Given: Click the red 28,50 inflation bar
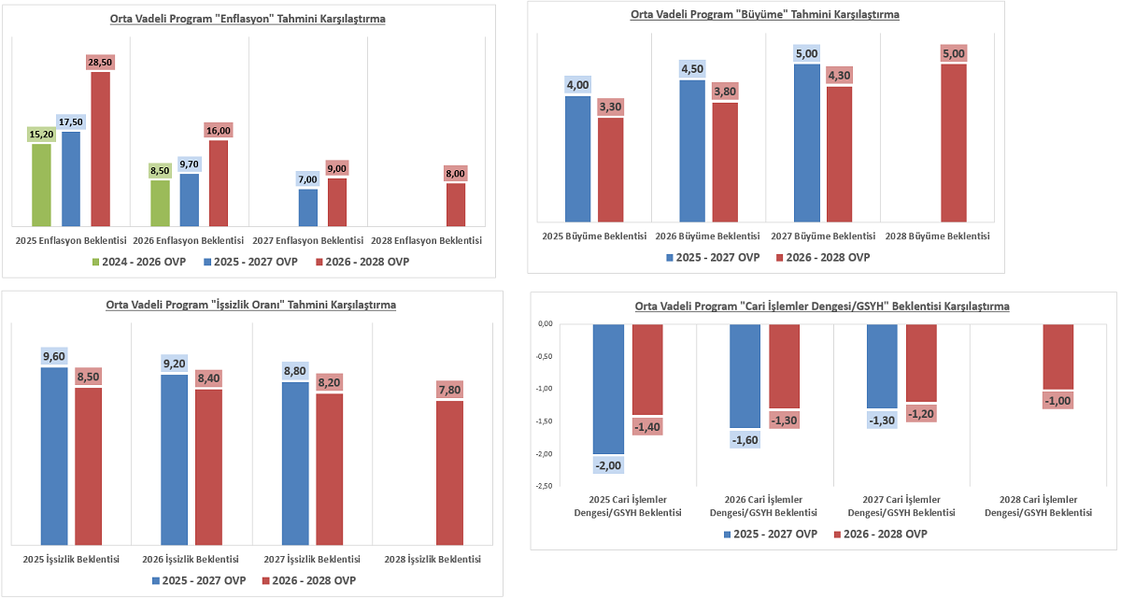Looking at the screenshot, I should point(100,149).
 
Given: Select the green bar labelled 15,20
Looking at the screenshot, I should point(42,185).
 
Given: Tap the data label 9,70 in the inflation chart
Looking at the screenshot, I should point(189,164).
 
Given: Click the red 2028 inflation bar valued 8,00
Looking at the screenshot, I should point(455,205).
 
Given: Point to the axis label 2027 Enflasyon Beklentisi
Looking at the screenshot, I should point(307,240).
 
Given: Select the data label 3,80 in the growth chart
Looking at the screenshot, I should point(724,92).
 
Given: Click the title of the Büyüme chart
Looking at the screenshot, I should point(765,14).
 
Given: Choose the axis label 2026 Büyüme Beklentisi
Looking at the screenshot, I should point(708,236).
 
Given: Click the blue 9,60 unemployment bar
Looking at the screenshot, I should point(54,455).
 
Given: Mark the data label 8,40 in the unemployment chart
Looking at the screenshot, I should point(208,378).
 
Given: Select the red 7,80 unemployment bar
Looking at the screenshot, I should point(449,472).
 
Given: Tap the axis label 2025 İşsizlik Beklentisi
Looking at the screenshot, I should point(71,559).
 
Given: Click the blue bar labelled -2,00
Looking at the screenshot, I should point(608,389).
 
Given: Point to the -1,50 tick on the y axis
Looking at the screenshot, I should point(543,421).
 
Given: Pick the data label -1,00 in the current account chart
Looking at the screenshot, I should point(1058,401).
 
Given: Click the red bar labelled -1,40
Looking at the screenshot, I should point(647,369).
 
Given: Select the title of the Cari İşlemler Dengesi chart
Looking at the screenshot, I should point(821,307).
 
